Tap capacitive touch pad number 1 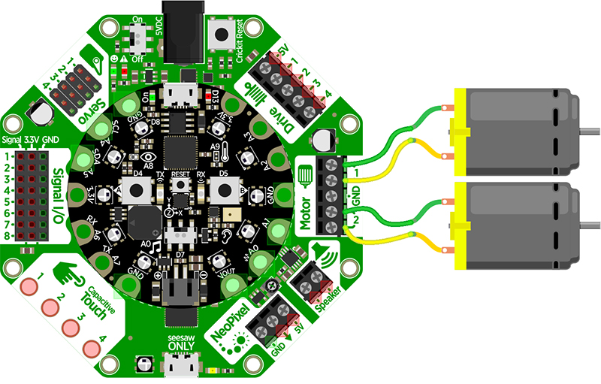tap(29, 286)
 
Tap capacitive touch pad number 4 tap(92, 348)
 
